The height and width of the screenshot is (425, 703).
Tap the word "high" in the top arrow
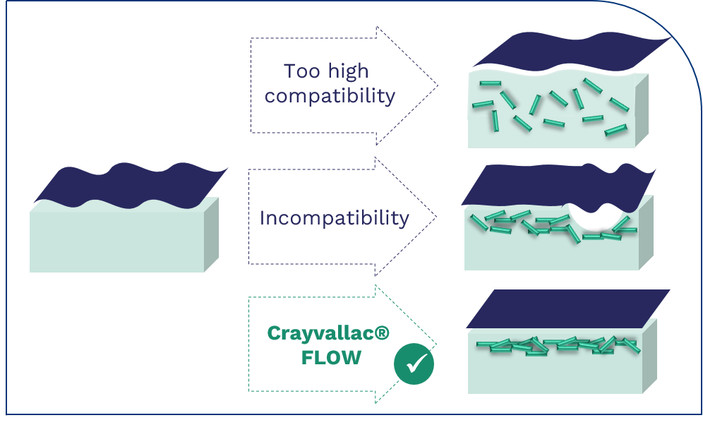pos(347,71)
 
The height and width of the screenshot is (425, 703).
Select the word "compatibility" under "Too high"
pos(330,95)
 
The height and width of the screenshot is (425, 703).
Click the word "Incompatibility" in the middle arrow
pos(334,217)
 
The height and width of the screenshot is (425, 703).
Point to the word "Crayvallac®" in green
pos(328,333)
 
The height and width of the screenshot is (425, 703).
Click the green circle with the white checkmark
pos(414,364)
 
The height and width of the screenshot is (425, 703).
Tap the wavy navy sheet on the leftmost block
pos(131,185)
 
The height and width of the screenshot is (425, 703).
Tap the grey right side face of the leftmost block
pos(212,233)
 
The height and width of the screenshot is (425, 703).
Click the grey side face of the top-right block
pos(642,109)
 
